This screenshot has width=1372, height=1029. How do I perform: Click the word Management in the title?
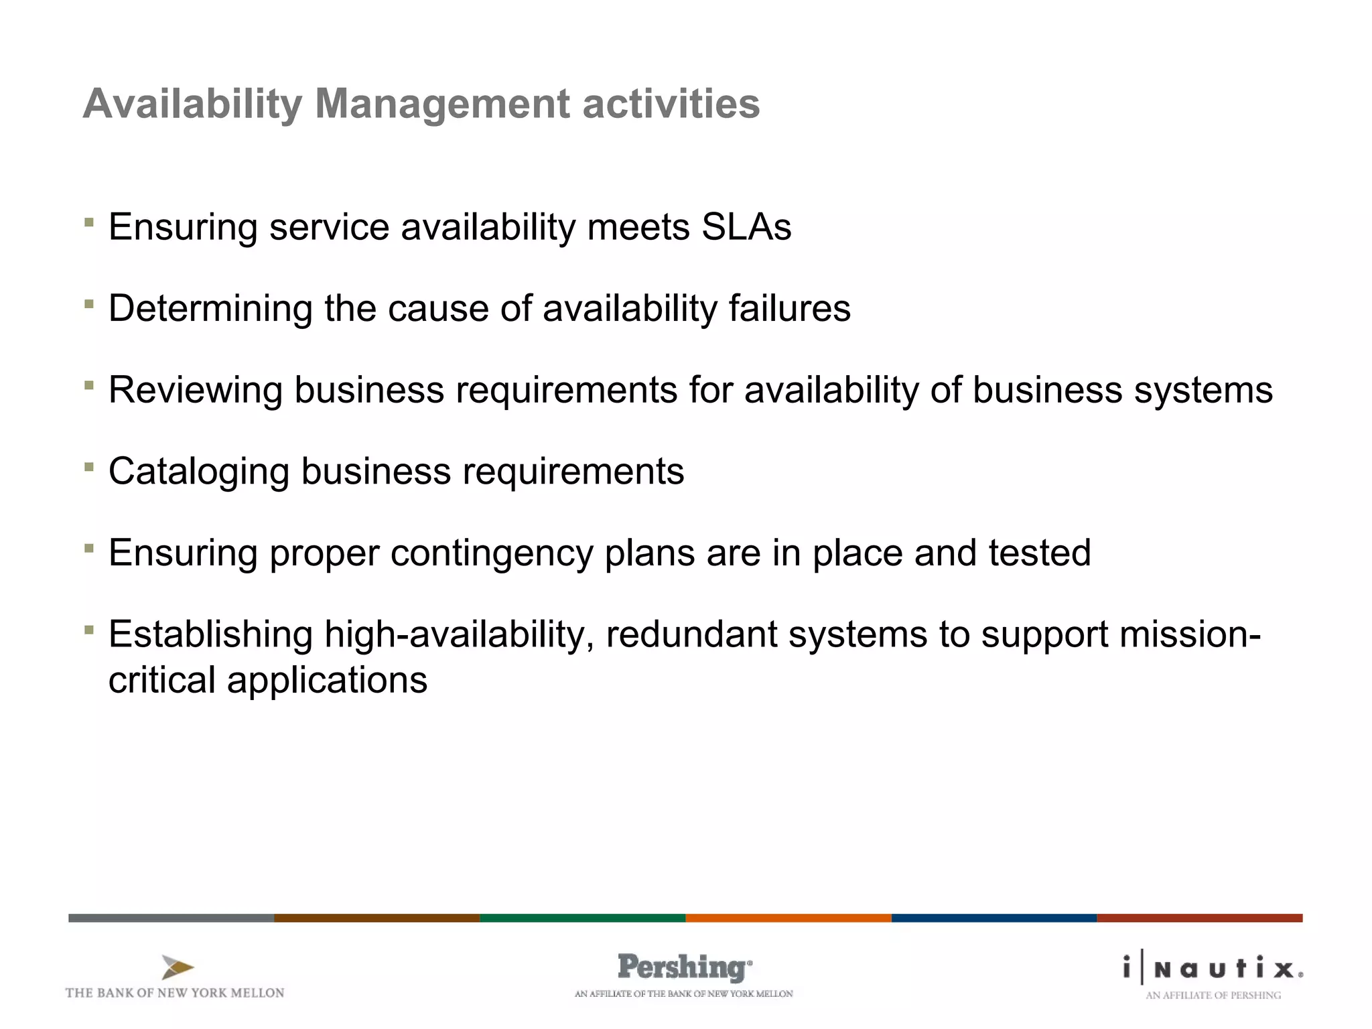(442, 105)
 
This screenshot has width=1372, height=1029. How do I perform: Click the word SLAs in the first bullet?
(746, 227)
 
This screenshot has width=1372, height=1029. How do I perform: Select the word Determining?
(210, 310)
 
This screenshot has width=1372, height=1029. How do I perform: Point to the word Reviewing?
(195, 391)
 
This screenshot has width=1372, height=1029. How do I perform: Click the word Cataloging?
(198, 472)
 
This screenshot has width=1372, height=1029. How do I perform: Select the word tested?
(1039, 553)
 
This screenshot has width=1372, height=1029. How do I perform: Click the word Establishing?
(210, 634)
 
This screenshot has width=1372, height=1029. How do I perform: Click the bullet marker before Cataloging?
(89, 466)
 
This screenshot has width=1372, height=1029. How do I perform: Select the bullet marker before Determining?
(89, 303)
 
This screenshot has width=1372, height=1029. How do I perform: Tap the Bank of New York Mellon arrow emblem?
(178, 967)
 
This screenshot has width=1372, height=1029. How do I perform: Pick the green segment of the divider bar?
(582, 918)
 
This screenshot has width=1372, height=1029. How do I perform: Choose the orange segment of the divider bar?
(788, 918)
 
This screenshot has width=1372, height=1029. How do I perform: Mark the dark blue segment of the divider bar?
(993, 918)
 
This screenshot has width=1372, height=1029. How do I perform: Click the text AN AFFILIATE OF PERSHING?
(1213, 996)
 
